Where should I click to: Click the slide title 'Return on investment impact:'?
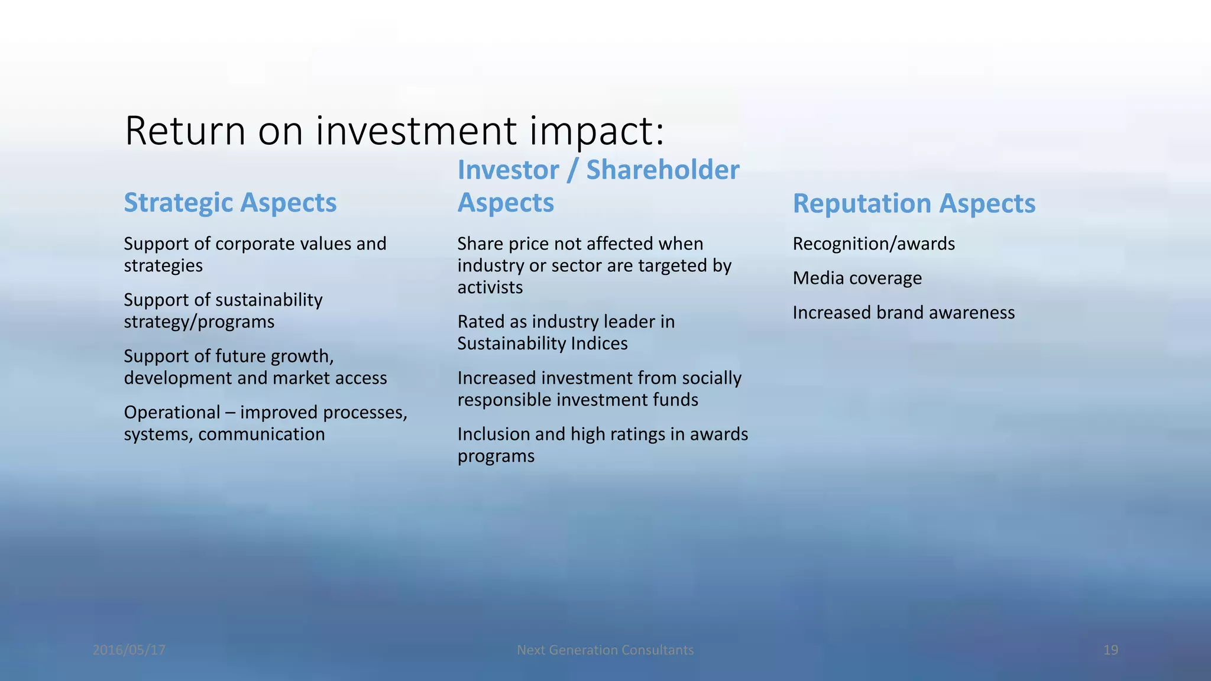click(x=394, y=131)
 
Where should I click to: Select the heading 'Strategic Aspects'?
click(x=230, y=203)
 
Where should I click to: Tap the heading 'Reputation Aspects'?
click(x=914, y=203)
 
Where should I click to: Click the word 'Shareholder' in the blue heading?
click(x=662, y=170)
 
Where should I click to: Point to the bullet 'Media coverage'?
click(x=857, y=278)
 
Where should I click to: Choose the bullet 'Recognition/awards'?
click(x=873, y=244)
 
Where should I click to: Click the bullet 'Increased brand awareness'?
click(x=903, y=312)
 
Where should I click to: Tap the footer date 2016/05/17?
click(x=129, y=650)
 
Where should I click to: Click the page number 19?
click(x=1110, y=650)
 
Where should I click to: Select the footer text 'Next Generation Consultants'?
click(x=605, y=650)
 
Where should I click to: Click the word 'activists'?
click(x=490, y=287)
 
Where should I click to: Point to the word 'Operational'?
click(x=172, y=412)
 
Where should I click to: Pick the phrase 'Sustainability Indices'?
click(x=542, y=343)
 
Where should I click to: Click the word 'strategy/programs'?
click(x=199, y=322)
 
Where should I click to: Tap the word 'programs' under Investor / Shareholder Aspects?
click(x=496, y=456)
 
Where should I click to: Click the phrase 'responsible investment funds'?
click(x=577, y=400)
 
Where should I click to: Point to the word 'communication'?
click(x=261, y=434)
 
